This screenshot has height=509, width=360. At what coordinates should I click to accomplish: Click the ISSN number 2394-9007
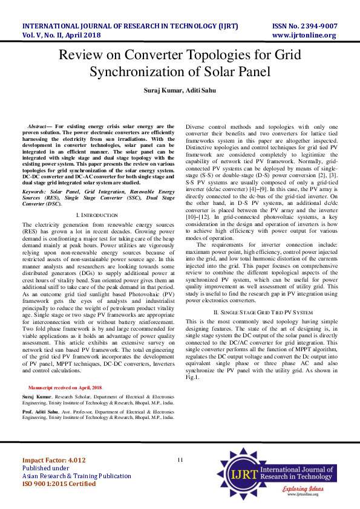pyautogui.click(x=313, y=26)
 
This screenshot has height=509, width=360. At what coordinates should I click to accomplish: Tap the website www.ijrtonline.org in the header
pyautogui.click(x=304, y=35)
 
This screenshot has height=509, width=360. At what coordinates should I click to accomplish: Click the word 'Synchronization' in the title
pyautogui.click(x=158, y=72)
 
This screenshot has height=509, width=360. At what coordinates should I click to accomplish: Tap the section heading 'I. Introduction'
pyautogui.click(x=97, y=215)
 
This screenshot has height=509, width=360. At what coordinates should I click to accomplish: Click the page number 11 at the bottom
pyautogui.click(x=180, y=460)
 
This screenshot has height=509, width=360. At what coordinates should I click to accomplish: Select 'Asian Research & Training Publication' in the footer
pyautogui.click(x=76, y=476)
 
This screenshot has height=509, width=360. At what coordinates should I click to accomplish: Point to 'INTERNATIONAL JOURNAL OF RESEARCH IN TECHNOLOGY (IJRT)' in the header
pyautogui.click(x=130, y=26)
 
